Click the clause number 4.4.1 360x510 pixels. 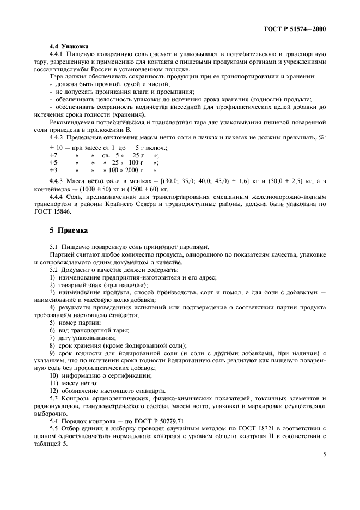click(57, 54)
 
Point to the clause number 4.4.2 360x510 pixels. click(57, 139)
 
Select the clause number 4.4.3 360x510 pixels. click(57, 180)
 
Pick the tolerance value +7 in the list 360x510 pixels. click(53, 155)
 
